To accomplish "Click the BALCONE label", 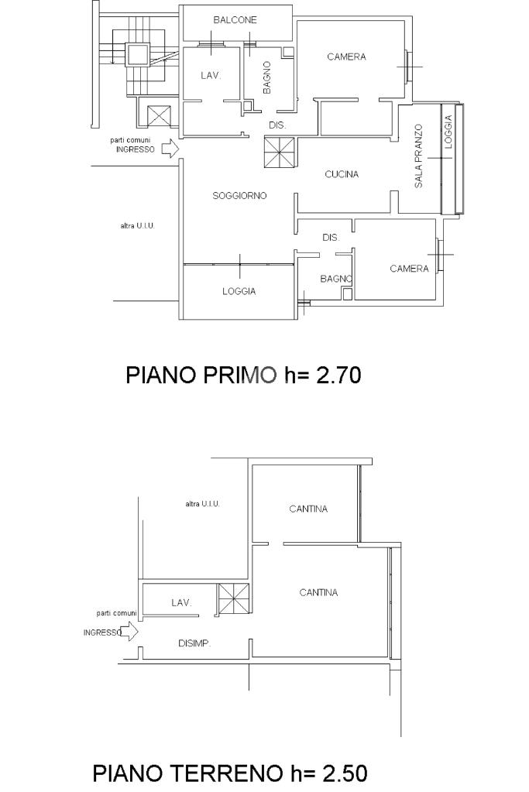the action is [x=235, y=19].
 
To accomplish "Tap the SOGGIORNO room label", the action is [x=239, y=196].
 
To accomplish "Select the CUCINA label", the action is [x=342, y=174].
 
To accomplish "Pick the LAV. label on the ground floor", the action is [x=180, y=602].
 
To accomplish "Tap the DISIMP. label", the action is [x=194, y=643].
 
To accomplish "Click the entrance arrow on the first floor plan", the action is [x=170, y=148].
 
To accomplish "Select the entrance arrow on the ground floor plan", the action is [x=131, y=633].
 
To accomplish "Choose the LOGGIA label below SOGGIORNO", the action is [x=239, y=292].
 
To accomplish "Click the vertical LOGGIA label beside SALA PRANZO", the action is [x=448, y=128].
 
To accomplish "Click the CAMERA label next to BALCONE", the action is [x=346, y=57].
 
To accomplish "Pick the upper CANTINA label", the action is [x=308, y=509].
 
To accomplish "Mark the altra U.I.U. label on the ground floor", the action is [x=202, y=504].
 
